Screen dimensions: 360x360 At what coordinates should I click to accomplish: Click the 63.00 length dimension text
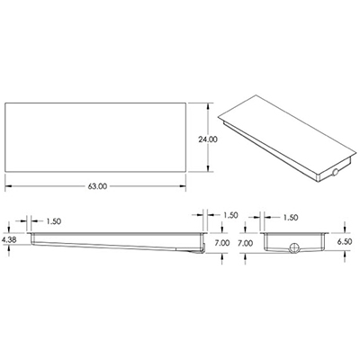[98, 185]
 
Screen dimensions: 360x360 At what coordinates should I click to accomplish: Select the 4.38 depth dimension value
[10, 240]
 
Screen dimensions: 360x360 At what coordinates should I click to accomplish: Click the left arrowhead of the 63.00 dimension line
[9, 185]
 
